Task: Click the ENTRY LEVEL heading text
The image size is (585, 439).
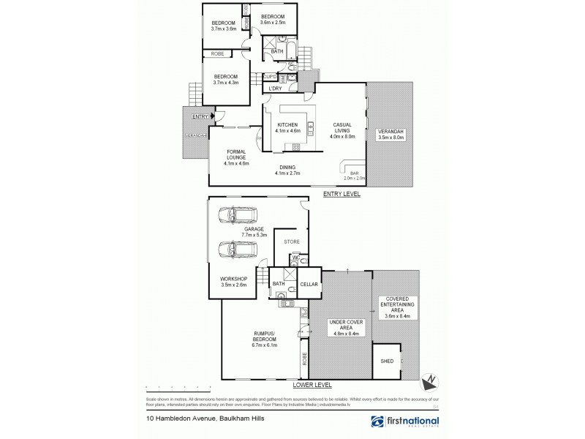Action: (341, 195)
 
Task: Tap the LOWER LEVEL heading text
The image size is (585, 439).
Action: (312, 383)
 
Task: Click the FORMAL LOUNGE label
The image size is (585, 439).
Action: (235, 157)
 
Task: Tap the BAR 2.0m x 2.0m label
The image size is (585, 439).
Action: (354, 175)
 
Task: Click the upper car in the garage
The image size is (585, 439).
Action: (237, 214)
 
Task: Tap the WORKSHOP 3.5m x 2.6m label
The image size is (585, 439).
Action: (235, 282)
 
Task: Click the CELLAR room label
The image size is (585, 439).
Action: (308, 283)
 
